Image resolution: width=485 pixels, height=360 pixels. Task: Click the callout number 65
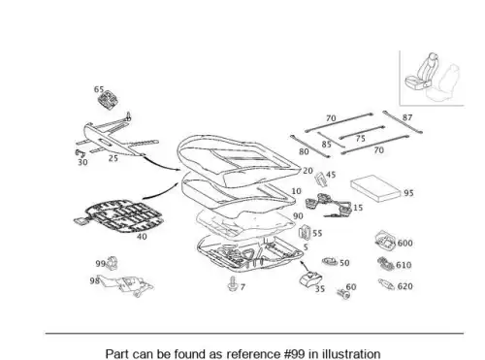[99, 89]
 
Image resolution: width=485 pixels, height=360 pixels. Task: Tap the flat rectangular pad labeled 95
[376, 188]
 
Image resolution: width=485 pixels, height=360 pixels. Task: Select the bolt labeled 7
[232, 284]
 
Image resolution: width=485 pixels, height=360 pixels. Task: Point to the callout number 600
[404, 243]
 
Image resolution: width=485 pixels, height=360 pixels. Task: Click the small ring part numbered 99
[112, 263]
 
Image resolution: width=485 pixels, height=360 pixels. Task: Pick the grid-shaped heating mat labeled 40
[118, 216]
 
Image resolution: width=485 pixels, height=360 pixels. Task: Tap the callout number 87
[407, 117]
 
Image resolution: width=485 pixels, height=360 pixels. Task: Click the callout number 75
[360, 139]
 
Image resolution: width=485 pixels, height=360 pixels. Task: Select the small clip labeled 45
[320, 179]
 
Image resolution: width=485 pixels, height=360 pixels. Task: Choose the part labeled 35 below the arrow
[309, 278]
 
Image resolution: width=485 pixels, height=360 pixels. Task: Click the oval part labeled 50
[330, 261]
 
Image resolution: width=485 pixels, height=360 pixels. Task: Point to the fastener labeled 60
[343, 294]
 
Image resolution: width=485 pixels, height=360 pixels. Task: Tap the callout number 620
[404, 286]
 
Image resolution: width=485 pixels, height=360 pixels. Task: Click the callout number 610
[404, 265]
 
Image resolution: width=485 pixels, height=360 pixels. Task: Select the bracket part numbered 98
[125, 284]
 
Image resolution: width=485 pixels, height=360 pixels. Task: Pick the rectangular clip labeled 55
[305, 232]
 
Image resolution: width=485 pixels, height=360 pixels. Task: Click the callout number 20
[307, 171]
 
